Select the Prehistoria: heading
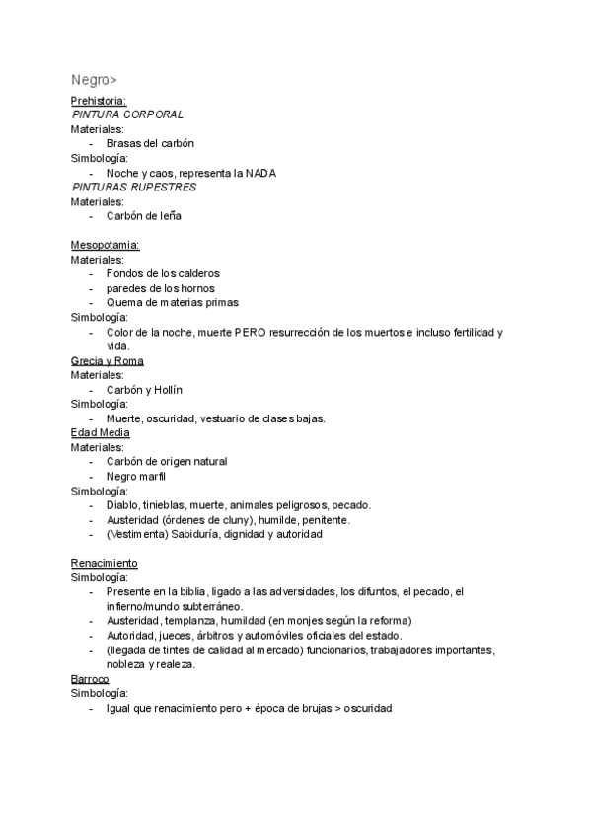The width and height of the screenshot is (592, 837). pyautogui.click(x=99, y=101)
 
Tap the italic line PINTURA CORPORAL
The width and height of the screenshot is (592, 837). pyautogui.click(x=127, y=114)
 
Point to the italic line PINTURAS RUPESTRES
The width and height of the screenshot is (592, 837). pyautogui.click(x=134, y=187)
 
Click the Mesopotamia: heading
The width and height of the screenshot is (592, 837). pyautogui.click(x=105, y=244)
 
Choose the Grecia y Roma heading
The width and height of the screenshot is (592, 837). pyautogui.click(x=108, y=361)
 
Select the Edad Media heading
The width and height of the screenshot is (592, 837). pyautogui.click(x=101, y=432)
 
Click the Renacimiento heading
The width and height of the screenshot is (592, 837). pyautogui.click(x=105, y=563)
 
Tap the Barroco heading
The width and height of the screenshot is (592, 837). pyautogui.click(x=90, y=679)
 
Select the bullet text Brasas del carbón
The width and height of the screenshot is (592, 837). pyautogui.click(x=150, y=143)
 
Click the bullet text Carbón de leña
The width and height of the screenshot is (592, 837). pyautogui.click(x=144, y=215)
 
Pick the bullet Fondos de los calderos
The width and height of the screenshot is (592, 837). pyautogui.click(x=163, y=273)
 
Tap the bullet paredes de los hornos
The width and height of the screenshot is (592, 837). pyautogui.click(x=161, y=288)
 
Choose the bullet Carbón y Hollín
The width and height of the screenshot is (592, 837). pyautogui.click(x=145, y=390)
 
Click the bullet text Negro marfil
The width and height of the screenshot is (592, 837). pyautogui.click(x=136, y=477)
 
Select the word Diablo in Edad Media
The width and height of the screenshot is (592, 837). pyautogui.click(x=122, y=505)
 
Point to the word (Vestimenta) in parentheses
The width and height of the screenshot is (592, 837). pyautogui.click(x=137, y=534)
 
